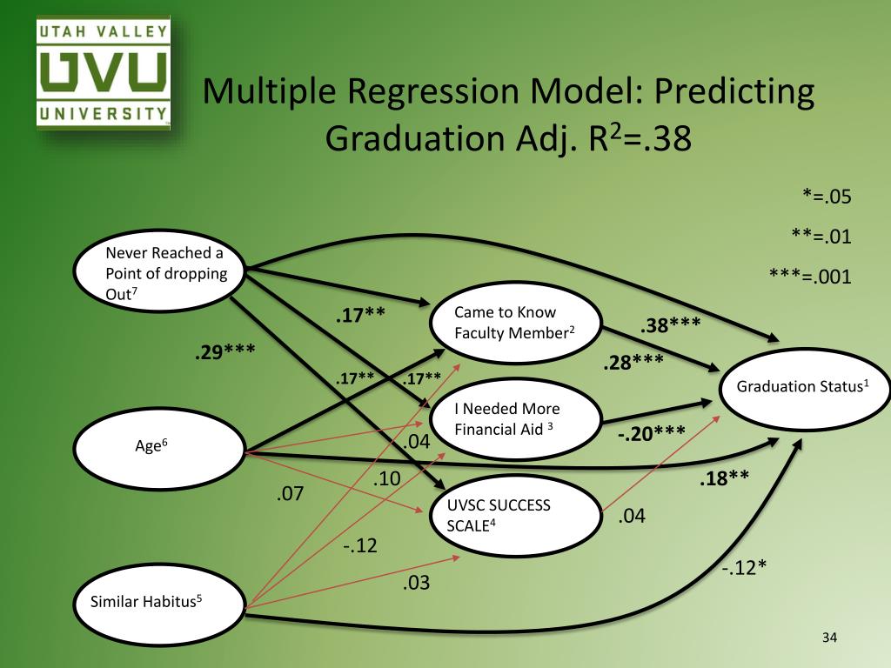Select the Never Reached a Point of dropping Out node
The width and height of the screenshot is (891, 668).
pyautogui.click(x=158, y=272)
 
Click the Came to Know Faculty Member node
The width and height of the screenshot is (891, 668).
pyautogui.click(x=517, y=322)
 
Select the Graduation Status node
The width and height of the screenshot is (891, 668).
pyautogui.click(x=802, y=387)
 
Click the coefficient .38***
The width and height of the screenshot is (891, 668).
pyautogui.click(x=670, y=326)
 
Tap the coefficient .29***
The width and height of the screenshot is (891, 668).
pyautogui.click(x=224, y=353)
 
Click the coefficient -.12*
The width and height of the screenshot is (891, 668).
pyautogui.click(x=744, y=568)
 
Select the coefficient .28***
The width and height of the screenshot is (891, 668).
pyautogui.click(x=633, y=360)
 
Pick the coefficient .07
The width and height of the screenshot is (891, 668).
pyautogui.click(x=291, y=495)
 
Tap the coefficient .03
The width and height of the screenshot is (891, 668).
pyautogui.click(x=416, y=583)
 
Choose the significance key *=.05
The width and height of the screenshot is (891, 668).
pyautogui.click(x=826, y=197)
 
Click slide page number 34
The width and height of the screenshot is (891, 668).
pyautogui.click(x=828, y=640)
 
